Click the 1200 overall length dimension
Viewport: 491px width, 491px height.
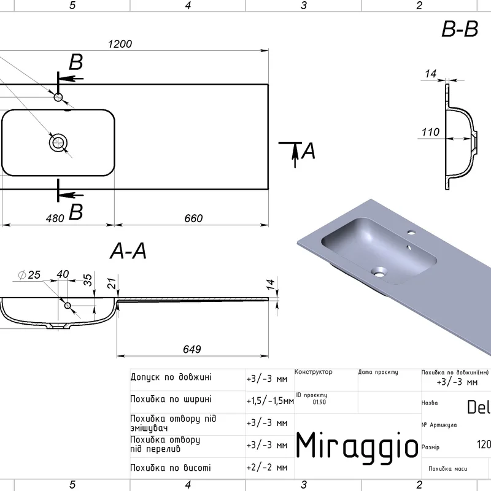pyautogui.click(x=120, y=44)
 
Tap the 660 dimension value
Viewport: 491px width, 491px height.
pyautogui.click(x=193, y=218)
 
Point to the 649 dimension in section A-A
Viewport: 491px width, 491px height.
pyautogui.click(x=192, y=349)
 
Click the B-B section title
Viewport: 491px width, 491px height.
pyautogui.click(x=460, y=29)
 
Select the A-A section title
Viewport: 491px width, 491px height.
pyautogui.click(x=128, y=252)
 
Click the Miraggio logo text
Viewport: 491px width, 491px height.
pyautogui.click(x=357, y=444)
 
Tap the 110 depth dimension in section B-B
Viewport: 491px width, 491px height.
pyautogui.click(x=431, y=132)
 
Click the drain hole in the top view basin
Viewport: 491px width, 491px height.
pyautogui.click(x=58, y=144)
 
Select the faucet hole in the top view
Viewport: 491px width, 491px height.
pyautogui.click(x=58, y=97)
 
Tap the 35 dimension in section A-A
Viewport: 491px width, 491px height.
pyautogui.click(x=88, y=280)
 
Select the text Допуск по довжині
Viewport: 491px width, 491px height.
pyautogui.click(x=171, y=376)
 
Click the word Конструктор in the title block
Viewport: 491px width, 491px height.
pyautogui.click(x=313, y=372)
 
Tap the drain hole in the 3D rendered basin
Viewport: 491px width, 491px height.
pyautogui.click(x=379, y=269)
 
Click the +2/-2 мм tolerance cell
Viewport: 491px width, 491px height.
pyautogui.click(x=266, y=468)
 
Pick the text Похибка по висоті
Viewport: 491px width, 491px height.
pyautogui.click(x=171, y=468)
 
